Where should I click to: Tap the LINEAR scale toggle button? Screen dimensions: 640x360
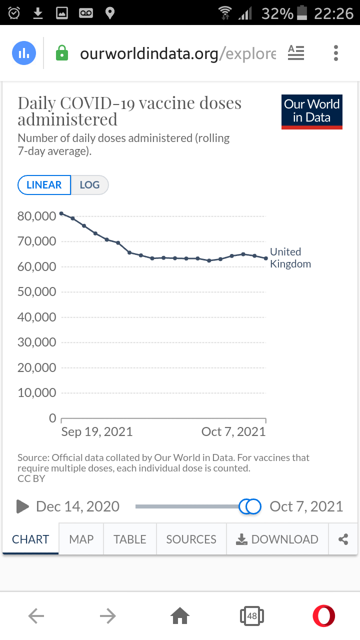click(x=44, y=185)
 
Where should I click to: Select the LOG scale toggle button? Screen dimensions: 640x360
click(x=89, y=185)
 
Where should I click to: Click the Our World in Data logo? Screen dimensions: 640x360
click(x=311, y=111)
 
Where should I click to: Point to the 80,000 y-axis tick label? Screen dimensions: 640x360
click(x=36, y=216)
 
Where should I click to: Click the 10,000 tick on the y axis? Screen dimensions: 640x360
click(x=36, y=393)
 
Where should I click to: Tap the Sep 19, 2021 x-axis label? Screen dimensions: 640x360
click(x=96, y=432)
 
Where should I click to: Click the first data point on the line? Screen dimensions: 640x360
click(x=61, y=213)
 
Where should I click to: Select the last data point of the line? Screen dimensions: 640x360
click(x=265, y=258)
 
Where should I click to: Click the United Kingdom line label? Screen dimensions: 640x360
click(x=290, y=258)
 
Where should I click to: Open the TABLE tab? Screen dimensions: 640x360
click(x=130, y=539)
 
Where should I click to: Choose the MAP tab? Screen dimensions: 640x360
click(x=81, y=539)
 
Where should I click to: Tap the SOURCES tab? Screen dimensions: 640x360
click(x=191, y=539)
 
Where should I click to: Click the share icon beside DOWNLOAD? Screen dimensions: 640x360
click(x=343, y=539)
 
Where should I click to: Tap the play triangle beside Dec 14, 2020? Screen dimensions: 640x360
click(x=22, y=506)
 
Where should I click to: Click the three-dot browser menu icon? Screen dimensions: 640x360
click(x=335, y=53)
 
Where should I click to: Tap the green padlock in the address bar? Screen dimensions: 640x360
click(x=61, y=53)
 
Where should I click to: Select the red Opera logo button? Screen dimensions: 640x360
click(x=323, y=616)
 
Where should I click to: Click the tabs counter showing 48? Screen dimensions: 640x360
click(x=251, y=616)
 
